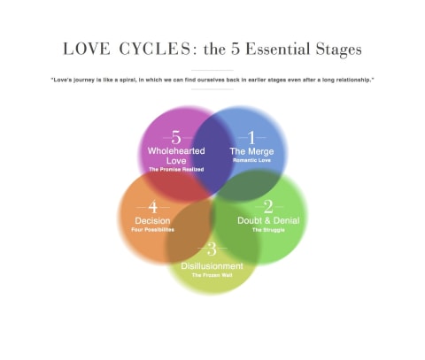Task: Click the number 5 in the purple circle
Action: point(176,137)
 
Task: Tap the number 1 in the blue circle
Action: point(251,137)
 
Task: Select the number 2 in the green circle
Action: point(268,207)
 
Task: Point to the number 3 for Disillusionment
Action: point(212,249)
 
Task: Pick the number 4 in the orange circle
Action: point(153,207)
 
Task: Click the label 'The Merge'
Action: point(251,151)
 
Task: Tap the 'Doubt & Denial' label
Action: point(268,220)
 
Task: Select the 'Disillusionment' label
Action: point(212,266)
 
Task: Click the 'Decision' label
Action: point(152,221)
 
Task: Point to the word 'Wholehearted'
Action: point(176,151)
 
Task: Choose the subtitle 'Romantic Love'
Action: point(251,160)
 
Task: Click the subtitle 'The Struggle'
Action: point(268,230)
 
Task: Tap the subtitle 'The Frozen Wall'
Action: point(212,275)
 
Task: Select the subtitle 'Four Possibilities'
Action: point(152,230)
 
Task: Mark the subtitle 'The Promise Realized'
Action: point(176,170)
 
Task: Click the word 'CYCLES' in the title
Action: point(155,49)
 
